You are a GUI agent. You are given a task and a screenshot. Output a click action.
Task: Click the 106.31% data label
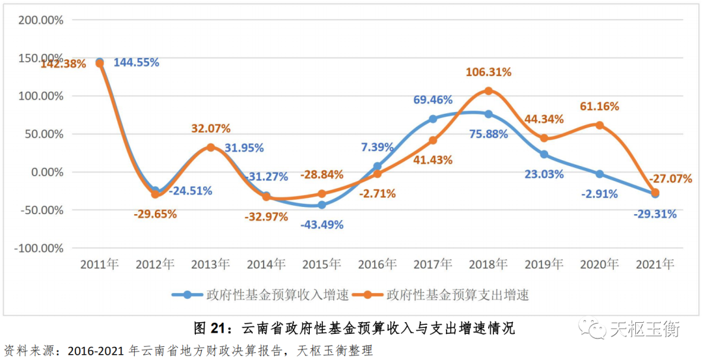488,72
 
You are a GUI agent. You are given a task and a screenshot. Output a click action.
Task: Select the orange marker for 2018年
488,90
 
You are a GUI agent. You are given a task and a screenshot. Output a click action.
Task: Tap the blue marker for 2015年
322,205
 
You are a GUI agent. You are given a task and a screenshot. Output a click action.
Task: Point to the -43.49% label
322,225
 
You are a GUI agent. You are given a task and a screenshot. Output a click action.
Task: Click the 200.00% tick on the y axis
41,20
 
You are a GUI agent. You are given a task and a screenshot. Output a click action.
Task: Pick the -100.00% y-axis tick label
39,248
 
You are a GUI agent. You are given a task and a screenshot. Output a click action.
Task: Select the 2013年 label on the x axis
210,264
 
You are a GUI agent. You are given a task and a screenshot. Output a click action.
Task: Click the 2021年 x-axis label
655,264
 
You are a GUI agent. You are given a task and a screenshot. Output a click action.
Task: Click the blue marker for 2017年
433,119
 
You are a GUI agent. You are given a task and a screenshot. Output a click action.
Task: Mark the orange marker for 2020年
600,125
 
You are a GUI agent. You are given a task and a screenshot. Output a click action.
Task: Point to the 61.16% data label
600,106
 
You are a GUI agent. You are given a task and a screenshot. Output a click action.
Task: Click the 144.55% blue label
136,62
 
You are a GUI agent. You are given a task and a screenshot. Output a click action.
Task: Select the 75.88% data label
488,134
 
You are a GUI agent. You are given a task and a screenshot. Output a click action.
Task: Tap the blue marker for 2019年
544,154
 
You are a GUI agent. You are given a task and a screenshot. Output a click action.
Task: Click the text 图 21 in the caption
209,327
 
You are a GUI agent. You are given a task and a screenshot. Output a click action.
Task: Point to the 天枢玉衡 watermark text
644,329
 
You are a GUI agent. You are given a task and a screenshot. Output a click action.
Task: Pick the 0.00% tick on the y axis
45,172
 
